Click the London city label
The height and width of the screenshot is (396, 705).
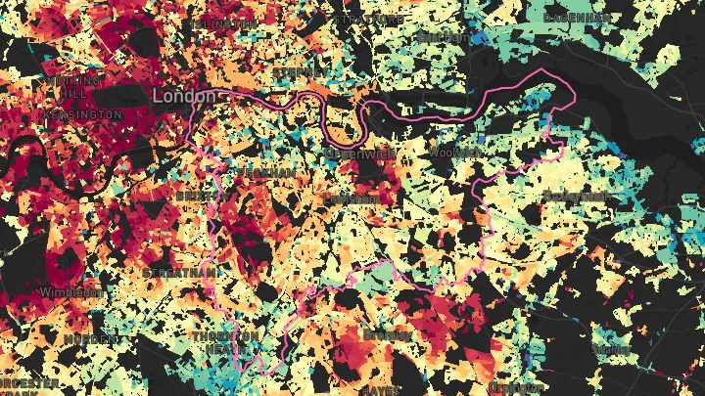point(183,98)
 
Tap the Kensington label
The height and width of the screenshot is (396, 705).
point(83,114)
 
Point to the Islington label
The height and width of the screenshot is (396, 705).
point(224,22)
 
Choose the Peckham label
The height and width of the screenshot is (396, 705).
point(265,172)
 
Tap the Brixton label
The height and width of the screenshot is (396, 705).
point(200,196)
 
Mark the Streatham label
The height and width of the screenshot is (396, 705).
point(178,272)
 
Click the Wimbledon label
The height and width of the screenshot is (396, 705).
point(70,291)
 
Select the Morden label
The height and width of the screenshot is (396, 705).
point(85,338)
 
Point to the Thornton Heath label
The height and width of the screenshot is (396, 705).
point(226,341)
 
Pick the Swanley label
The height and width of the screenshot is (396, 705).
point(611,348)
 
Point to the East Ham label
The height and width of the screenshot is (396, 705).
point(443,35)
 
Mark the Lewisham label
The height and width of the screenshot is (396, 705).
point(350,198)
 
